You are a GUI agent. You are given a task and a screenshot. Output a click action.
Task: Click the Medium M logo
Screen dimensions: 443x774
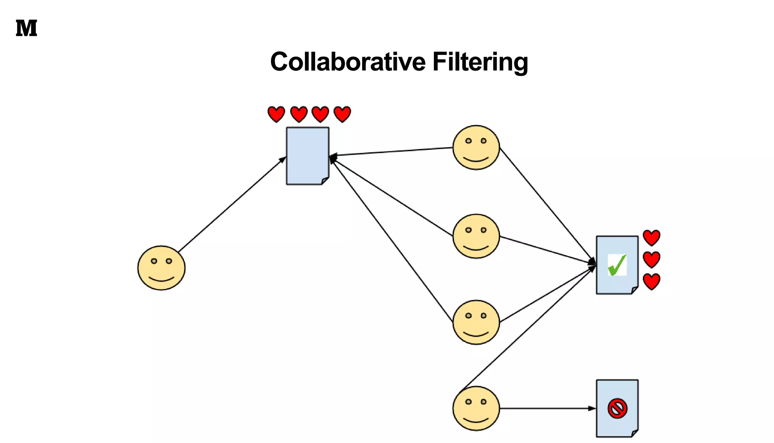(26, 28)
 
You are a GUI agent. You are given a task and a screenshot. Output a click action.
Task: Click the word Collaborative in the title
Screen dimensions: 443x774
(348, 62)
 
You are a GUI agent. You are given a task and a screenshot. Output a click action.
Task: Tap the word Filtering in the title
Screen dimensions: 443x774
(480, 62)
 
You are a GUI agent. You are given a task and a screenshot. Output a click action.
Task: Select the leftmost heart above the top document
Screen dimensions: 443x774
(276, 114)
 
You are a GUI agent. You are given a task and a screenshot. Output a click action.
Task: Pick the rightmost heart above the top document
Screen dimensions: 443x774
(342, 114)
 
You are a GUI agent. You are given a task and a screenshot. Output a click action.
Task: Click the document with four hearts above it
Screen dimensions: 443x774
(307, 155)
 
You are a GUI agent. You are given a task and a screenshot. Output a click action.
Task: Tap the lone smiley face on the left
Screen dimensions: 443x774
(161, 268)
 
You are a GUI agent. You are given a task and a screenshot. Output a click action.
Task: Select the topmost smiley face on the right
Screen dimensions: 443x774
(476, 148)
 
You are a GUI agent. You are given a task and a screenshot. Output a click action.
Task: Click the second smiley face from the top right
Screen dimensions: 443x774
(476, 236)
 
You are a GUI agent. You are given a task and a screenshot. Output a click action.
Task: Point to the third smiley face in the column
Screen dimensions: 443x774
(476, 322)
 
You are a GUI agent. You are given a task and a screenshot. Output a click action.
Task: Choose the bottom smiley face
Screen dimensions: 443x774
(476, 408)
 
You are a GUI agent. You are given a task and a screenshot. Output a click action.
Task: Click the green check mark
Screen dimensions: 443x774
(617, 265)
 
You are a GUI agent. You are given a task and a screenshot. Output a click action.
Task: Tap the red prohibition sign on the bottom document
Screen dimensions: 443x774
(617, 408)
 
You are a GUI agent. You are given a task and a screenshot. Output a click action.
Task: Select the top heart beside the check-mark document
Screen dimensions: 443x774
(651, 238)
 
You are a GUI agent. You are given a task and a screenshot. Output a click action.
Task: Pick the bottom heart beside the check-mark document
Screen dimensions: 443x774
(651, 281)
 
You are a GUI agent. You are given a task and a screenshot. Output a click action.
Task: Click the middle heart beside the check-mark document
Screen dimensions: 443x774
(651, 260)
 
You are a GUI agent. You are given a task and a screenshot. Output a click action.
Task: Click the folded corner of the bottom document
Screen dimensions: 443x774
(635, 433)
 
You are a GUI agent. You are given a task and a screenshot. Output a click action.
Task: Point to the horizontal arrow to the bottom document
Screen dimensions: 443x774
(548, 408)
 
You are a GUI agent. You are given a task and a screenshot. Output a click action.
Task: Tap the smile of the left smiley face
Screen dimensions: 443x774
(161, 279)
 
